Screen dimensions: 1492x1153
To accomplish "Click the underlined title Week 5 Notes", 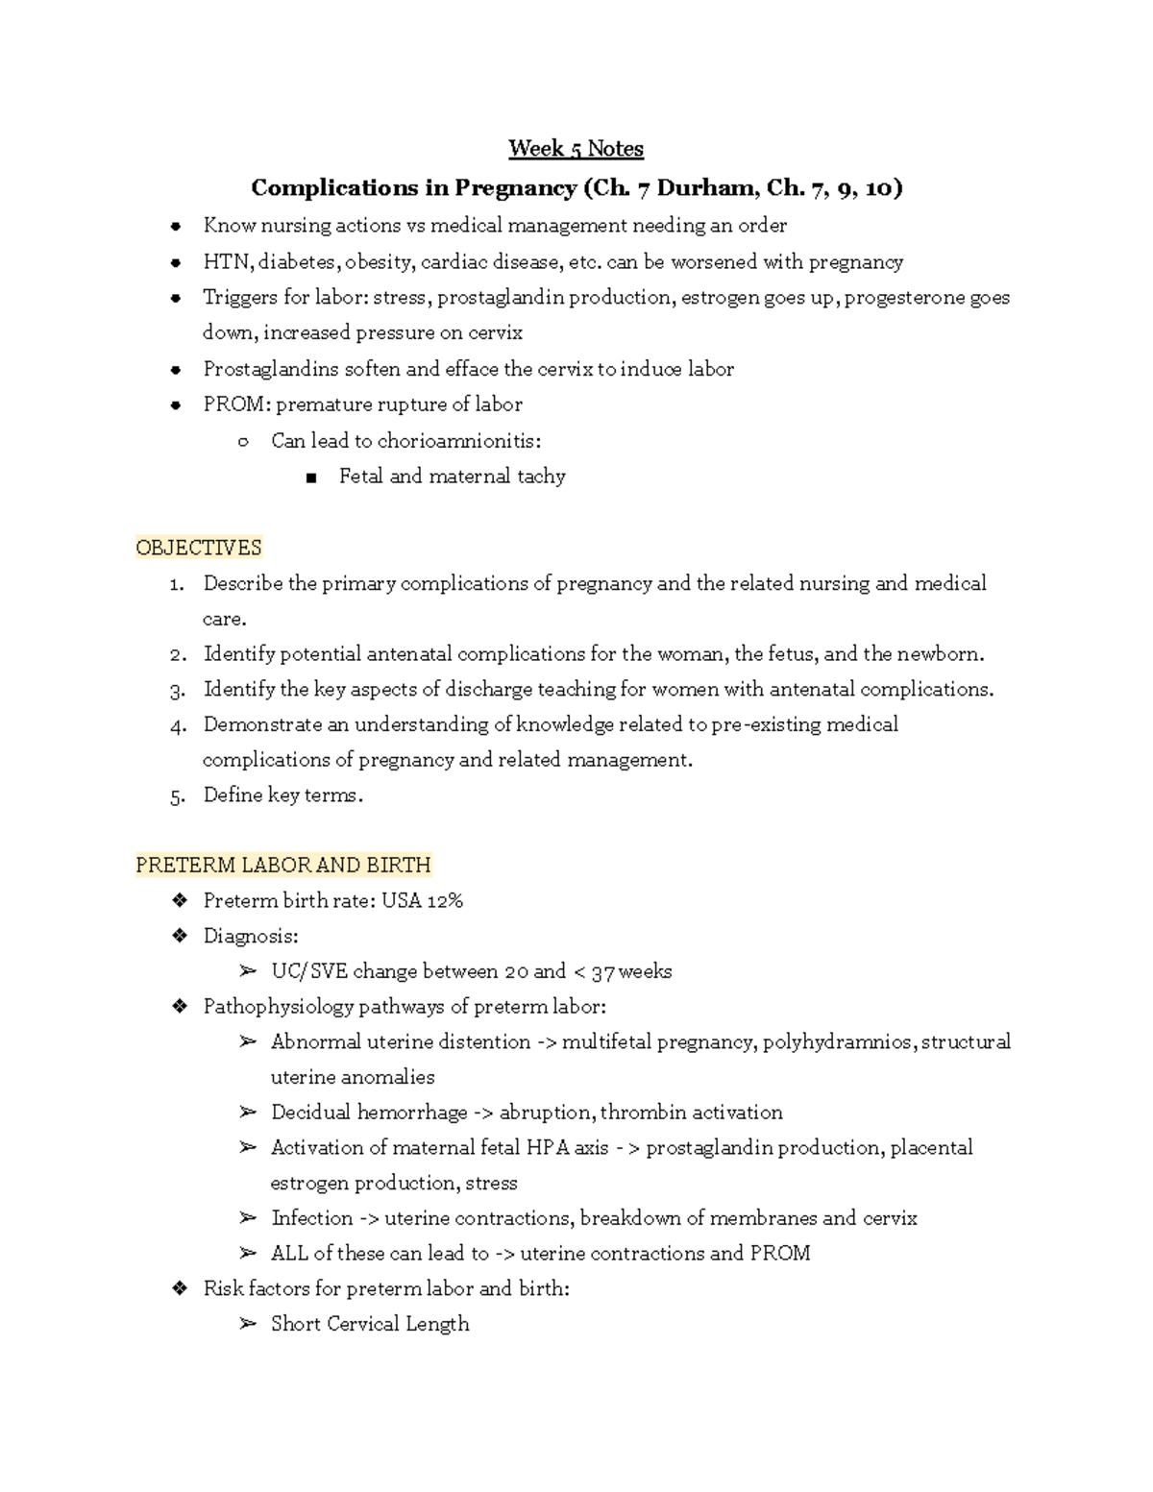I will (x=576, y=149).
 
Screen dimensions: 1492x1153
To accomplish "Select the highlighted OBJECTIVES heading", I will (x=199, y=548).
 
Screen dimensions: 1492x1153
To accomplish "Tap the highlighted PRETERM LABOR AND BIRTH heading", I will (x=283, y=865).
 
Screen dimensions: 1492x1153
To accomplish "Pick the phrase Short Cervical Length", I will (x=370, y=1324).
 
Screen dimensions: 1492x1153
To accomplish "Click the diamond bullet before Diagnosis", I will (x=178, y=936).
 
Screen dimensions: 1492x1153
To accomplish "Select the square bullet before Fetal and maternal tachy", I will (x=310, y=477).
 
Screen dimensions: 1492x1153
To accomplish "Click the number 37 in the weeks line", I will (x=602, y=971).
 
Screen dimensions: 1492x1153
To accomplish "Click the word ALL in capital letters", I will (x=290, y=1253).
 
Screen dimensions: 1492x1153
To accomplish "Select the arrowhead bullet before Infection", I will (x=247, y=1218).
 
